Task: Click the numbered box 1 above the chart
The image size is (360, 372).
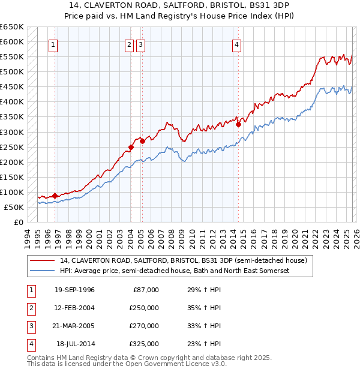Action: [53, 44]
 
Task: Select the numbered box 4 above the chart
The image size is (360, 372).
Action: [237, 44]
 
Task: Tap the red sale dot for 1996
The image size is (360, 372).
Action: [55, 196]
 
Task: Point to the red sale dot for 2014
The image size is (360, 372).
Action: [238, 124]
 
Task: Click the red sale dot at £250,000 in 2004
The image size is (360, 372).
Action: [131, 147]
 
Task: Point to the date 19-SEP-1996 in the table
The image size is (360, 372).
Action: [74, 290]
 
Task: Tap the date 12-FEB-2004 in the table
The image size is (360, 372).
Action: [74, 308]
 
